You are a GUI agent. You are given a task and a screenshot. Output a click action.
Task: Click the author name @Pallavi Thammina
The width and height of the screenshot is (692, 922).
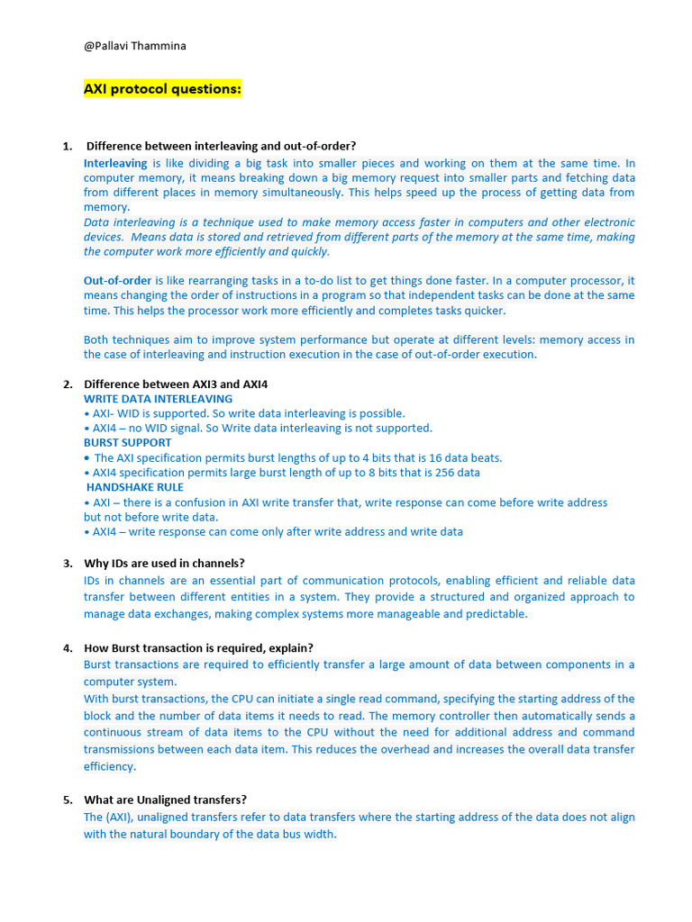point(134,46)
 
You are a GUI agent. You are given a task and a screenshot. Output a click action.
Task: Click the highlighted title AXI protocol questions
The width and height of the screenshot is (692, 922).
point(162,89)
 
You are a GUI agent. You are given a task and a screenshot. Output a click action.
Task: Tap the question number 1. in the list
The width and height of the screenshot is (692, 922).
point(67,146)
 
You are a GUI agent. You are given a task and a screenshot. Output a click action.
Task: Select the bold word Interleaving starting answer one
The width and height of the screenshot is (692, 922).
point(115,164)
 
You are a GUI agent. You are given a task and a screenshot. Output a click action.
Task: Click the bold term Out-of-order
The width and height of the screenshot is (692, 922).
point(118,281)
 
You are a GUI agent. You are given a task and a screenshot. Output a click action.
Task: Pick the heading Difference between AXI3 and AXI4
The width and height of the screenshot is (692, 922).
point(176,384)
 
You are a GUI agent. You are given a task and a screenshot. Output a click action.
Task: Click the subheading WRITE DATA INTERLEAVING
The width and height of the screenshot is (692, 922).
point(158,399)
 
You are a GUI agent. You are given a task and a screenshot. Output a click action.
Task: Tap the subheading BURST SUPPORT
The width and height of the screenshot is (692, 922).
point(127,443)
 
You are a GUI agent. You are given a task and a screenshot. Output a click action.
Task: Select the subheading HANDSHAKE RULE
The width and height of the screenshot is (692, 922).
point(134,487)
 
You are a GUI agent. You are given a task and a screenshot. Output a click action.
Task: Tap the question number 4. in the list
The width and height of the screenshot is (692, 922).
point(67,648)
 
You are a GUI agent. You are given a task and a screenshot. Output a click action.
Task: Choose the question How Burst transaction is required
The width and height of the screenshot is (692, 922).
point(198,648)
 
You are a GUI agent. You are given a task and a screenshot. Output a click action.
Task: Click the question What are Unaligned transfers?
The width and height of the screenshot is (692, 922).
point(165,800)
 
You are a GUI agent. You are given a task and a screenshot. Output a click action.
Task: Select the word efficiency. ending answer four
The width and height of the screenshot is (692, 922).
point(110,767)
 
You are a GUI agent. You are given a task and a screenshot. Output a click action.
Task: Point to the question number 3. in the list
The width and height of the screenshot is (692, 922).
point(67,564)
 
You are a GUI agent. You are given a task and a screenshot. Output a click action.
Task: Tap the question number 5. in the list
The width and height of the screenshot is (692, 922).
point(67,800)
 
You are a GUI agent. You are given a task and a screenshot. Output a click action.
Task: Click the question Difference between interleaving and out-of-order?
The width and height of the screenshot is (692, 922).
point(221,146)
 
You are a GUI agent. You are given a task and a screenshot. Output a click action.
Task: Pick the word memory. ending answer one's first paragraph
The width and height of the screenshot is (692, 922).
point(106,207)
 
